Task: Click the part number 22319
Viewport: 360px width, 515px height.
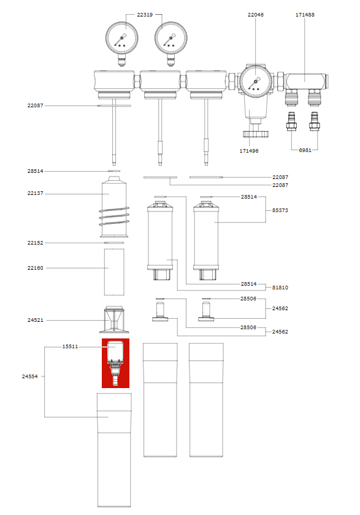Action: (145, 14)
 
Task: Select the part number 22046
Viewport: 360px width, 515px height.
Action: (255, 14)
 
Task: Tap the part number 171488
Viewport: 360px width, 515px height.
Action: (305, 14)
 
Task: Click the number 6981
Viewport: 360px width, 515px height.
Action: (307, 150)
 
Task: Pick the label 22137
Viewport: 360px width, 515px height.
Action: (36, 194)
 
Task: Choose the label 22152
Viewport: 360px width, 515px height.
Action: (36, 243)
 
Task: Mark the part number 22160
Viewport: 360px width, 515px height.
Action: (36, 268)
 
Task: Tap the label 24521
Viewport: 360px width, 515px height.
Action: (36, 320)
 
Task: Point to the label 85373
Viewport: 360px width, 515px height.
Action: (280, 210)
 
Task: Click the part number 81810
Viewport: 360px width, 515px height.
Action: (280, 287)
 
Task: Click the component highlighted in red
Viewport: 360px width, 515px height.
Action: (115, 362)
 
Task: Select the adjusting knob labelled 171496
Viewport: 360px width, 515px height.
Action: (252, 133)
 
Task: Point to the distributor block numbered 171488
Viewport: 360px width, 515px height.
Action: (305, 79)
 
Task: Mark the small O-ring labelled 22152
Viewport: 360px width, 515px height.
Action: (114, 243)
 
